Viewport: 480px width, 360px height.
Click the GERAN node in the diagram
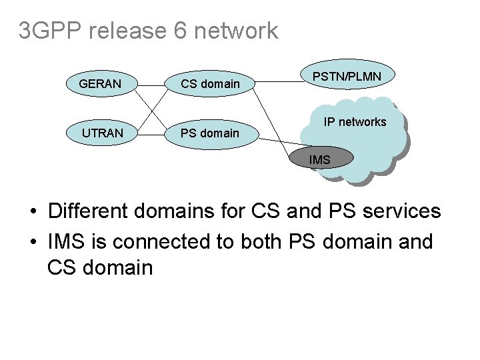[100, 84]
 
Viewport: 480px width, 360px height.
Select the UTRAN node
[103, 133]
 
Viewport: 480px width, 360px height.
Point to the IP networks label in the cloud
[355, 122]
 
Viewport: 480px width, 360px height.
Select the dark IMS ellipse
[321, 159]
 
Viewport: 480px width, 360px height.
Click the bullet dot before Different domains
[32, 213]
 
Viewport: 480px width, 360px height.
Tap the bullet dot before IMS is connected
[32, 242]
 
